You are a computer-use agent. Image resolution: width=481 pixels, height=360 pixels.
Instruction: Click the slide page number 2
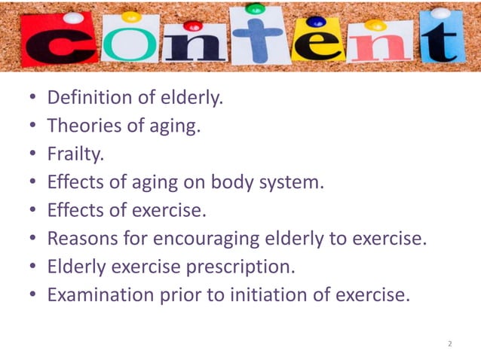(x=449, y=343)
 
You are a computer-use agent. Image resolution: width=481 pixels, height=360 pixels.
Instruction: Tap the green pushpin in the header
(x=256, y=9)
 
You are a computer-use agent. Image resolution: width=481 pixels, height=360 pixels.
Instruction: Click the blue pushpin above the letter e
(x=315, y=22)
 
